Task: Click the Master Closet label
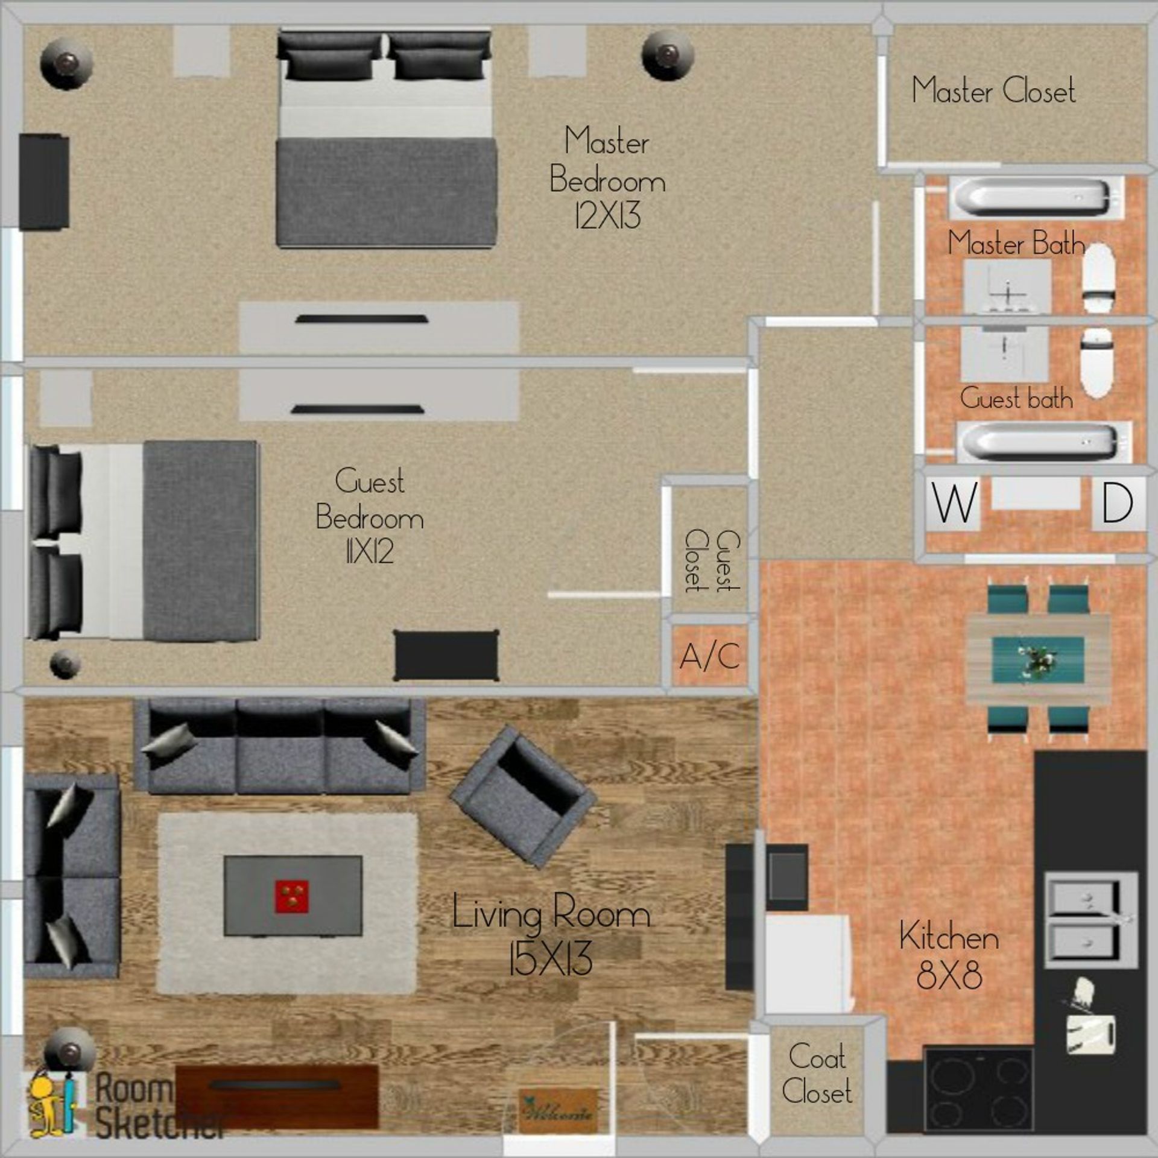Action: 993,91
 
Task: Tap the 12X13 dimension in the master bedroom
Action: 607,215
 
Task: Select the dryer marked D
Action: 1117,502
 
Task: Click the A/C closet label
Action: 710,656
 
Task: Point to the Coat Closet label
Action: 817,1074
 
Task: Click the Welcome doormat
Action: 558,1112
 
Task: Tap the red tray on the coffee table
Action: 292,895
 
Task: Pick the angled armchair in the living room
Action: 522,797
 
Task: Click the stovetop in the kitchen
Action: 978,1091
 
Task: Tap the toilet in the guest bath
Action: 1095,362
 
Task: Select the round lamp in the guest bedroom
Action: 65,663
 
